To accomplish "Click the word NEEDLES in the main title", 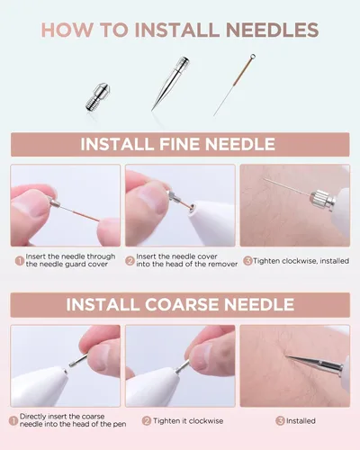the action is [272, 30].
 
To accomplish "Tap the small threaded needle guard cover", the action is [98, 97].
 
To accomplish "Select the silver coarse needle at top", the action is [170, 83].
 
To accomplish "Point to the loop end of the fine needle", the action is [253, 57].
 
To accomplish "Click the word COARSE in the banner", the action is [182, 304].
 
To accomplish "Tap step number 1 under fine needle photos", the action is [20, 261].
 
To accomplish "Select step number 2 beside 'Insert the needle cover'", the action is [130, 261].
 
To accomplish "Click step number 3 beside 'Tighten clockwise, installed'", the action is [247, 261].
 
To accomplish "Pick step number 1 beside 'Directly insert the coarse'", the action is [13, 420].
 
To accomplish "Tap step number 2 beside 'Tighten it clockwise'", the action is [147, 421].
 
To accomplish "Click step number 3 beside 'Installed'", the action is [280, 421].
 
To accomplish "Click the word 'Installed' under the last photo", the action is [301, 421].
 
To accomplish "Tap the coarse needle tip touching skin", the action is [286, 356].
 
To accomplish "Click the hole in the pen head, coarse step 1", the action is [65, 372].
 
